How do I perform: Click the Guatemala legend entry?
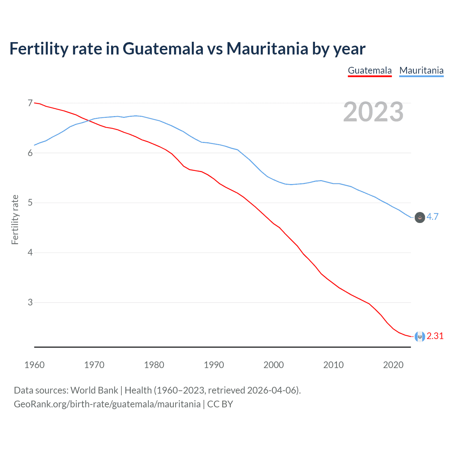coord(369,70)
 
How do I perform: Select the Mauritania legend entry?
coord(421,70)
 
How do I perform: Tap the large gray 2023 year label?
coord(373,112)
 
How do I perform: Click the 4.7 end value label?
coord(432,217)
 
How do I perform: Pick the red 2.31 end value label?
coord(435,336)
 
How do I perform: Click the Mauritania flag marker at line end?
coord(420,217)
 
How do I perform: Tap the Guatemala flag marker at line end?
coord(420,337)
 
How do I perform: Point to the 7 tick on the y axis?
coord(30,103)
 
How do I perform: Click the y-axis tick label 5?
coord(30,203)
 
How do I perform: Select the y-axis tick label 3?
coord(30,302)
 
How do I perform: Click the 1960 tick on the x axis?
coord(34,365)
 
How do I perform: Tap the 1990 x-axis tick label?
coord(214,365)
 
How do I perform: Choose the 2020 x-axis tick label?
coord(393,365)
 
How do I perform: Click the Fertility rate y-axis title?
coord(15,219)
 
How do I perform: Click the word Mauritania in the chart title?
coord(267,48)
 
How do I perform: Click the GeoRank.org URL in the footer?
coord(107,404)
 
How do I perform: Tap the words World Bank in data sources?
coord(94,390)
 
